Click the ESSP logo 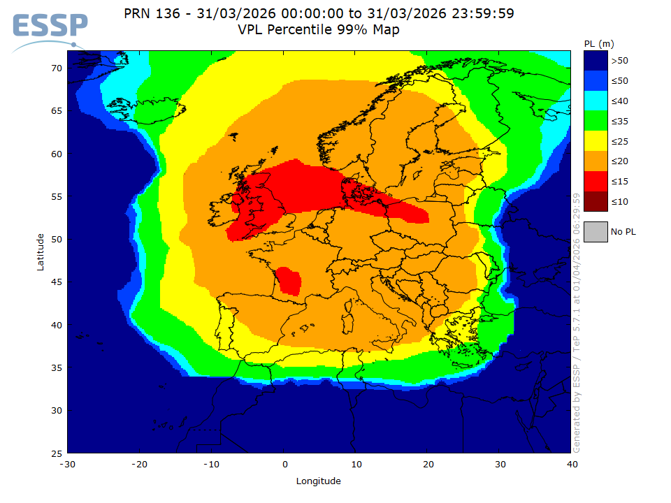pos(49,28)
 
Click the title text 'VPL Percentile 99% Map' pos(319,30)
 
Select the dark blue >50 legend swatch pos(596,61)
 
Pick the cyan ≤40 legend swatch pos(596,101)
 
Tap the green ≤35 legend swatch pos(596,122)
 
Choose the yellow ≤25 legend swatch pos(596,142)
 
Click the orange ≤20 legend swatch pos(596,161)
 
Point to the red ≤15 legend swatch pos(596,182)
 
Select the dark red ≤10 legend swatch pos(596,202)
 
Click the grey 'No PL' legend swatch pos(596,231)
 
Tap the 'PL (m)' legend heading pos(599,44)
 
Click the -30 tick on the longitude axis pos(67,464)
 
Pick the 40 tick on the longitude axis pos(572,464)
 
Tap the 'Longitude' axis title pos(319,481)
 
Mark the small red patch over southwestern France pos(289,280)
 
